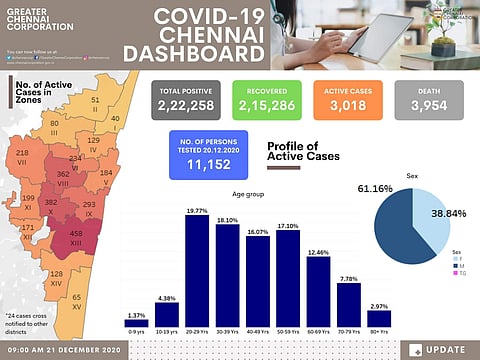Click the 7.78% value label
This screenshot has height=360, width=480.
349,279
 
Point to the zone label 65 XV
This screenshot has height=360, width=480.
76,301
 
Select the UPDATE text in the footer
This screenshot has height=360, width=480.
443,350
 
